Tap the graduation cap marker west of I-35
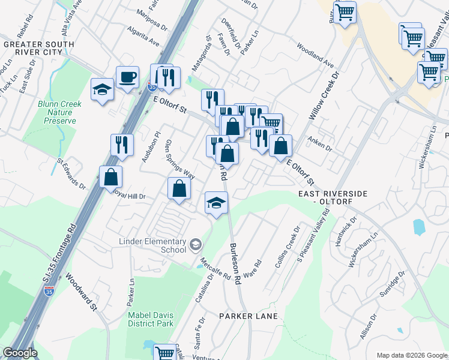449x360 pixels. tap(102, 90)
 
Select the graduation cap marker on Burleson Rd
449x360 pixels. tap(216, 203)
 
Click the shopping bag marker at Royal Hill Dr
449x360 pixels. tap(179, 189)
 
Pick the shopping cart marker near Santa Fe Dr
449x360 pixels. tap(164, 352)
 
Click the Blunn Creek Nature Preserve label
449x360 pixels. tap(60, 112)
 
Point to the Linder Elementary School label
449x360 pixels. tap(152, 245)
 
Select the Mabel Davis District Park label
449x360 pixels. tap(150, 319)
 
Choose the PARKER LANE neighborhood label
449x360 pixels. tap(248, 316)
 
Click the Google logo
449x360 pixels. tap(20, 353)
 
